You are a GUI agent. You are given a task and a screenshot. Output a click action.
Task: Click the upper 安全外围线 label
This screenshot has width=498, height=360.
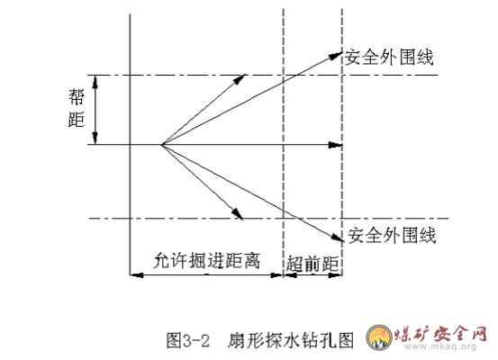pos(389,58)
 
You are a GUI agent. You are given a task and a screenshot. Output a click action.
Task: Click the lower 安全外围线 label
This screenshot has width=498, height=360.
pos(392,235)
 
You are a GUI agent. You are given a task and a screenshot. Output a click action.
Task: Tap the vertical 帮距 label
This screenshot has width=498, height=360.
pos(77,108)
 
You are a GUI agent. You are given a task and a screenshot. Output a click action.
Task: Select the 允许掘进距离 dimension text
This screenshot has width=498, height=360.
pos(207,261)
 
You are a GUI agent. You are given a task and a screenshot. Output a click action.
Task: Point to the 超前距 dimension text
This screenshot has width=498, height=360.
pos(312,263)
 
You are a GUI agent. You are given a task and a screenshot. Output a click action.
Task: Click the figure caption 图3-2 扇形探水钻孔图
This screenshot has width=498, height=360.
pos(259,340)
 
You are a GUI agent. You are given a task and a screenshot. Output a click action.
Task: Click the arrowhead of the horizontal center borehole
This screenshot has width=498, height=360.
pos(335,145)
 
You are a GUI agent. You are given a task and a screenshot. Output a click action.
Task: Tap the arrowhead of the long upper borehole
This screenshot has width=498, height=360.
pos(335,56)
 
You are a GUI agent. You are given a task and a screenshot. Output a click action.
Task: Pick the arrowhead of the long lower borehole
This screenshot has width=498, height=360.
pos(338,238)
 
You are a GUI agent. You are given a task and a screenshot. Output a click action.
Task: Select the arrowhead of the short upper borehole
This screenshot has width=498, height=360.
pos(240,78)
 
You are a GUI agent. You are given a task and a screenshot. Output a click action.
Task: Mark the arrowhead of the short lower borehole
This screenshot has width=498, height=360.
pos(237,213)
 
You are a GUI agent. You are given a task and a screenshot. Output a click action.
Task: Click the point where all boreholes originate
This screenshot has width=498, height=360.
pos(162,145)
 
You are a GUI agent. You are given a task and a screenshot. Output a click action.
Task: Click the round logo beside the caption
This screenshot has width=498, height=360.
pos(379,337)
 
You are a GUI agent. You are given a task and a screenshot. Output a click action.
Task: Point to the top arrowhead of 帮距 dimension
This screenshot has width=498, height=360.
pos(95,82)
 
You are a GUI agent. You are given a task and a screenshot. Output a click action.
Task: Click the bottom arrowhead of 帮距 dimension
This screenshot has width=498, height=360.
pos(95,138)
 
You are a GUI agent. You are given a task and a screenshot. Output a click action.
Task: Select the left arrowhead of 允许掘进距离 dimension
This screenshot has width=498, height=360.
pos(137,275)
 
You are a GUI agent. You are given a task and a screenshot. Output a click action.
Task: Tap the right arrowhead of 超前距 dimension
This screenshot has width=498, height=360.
pos(335,275)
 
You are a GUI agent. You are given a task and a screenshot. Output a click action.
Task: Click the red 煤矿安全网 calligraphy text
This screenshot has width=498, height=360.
pos(441,334)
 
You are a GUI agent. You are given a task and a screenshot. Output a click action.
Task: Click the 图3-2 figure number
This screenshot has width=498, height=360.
pos(188,340)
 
